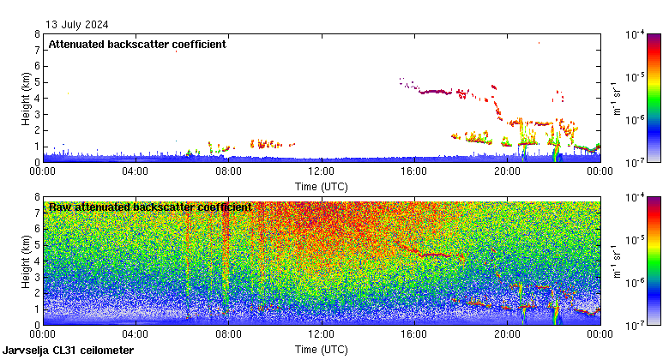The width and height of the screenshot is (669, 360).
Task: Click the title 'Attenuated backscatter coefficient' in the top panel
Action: tap(137, 45)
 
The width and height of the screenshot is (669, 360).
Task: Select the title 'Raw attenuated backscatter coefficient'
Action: tap(150, 207)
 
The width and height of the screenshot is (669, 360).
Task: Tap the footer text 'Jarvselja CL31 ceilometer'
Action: tap(69, 351)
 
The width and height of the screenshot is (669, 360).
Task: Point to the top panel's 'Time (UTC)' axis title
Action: tap(322, 186)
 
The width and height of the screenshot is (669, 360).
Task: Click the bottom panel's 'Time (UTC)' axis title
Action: tap(322, 349)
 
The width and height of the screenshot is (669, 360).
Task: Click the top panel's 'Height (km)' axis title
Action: tap(27, 98)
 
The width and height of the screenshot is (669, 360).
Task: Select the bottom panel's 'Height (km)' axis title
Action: tap(27, 261)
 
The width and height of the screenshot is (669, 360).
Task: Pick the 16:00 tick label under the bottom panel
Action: tap(413, 334)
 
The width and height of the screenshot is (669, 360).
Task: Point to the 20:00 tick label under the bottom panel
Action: tap(507, 334)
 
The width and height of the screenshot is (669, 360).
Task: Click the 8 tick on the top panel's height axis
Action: tap(37, 34)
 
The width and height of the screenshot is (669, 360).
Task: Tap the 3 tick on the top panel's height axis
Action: tap(37, 114)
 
